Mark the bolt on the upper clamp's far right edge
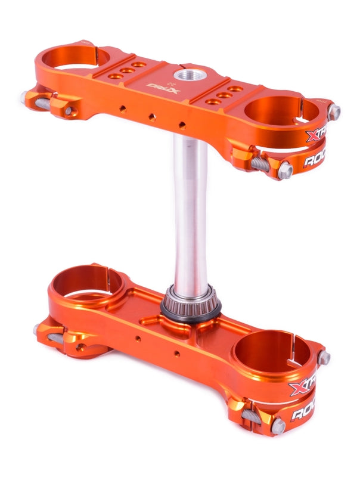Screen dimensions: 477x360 [x=335, y=111]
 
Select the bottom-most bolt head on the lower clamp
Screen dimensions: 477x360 [x=278, y=426]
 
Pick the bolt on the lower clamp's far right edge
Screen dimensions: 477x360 [x=324, y=358]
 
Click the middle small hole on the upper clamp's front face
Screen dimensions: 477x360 [x=153, y=116]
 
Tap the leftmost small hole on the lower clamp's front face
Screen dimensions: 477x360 [x=138, y=339]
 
